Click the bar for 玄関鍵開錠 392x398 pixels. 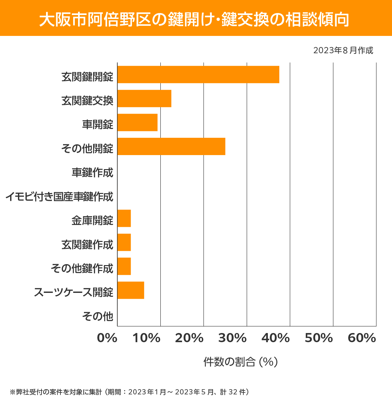[198, 74]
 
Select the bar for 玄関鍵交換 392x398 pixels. [144, 99]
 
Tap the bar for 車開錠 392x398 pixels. [138, 122]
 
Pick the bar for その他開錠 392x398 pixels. [171, 146]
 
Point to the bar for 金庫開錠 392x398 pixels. [124, 218]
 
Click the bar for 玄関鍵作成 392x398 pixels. [124, 242]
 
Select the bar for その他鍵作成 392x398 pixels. [124, 266]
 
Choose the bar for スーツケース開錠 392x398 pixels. [131, 290]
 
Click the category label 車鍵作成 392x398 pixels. [92, 172]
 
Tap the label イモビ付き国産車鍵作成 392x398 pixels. [59, 197]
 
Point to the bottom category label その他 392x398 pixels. [98, 316]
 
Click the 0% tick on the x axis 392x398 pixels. [107, 338]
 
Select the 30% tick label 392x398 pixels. [232, 338]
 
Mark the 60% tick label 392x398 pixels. [362, 338]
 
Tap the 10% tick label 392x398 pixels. [146, 338]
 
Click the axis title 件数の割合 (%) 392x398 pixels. [240, 362]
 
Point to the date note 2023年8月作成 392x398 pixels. [343, 51]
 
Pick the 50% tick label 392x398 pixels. [318, 338]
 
